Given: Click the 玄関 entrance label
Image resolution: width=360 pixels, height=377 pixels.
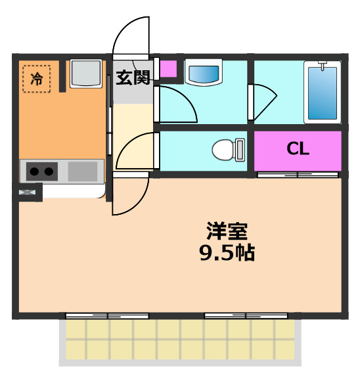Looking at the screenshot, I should pos(133,78).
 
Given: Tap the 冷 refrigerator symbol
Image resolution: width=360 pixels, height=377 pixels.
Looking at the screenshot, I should pos(37,79).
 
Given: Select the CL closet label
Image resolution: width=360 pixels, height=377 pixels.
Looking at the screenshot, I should pos(298,149).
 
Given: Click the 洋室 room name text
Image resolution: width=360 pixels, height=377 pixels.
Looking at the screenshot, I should pos(227,231).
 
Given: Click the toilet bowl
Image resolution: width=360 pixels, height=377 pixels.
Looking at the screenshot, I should pos(223,150).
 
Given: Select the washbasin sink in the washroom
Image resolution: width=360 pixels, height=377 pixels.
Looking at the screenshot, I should pos(205,72).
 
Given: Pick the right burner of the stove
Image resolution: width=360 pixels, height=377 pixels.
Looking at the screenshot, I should pos(49,172).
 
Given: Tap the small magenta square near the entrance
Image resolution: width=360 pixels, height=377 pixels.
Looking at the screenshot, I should pos(169,68).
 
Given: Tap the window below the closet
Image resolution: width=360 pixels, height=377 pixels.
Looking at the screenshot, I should pos(298,175).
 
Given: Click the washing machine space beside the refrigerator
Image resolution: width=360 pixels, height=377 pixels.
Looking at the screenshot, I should pos(85,73).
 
